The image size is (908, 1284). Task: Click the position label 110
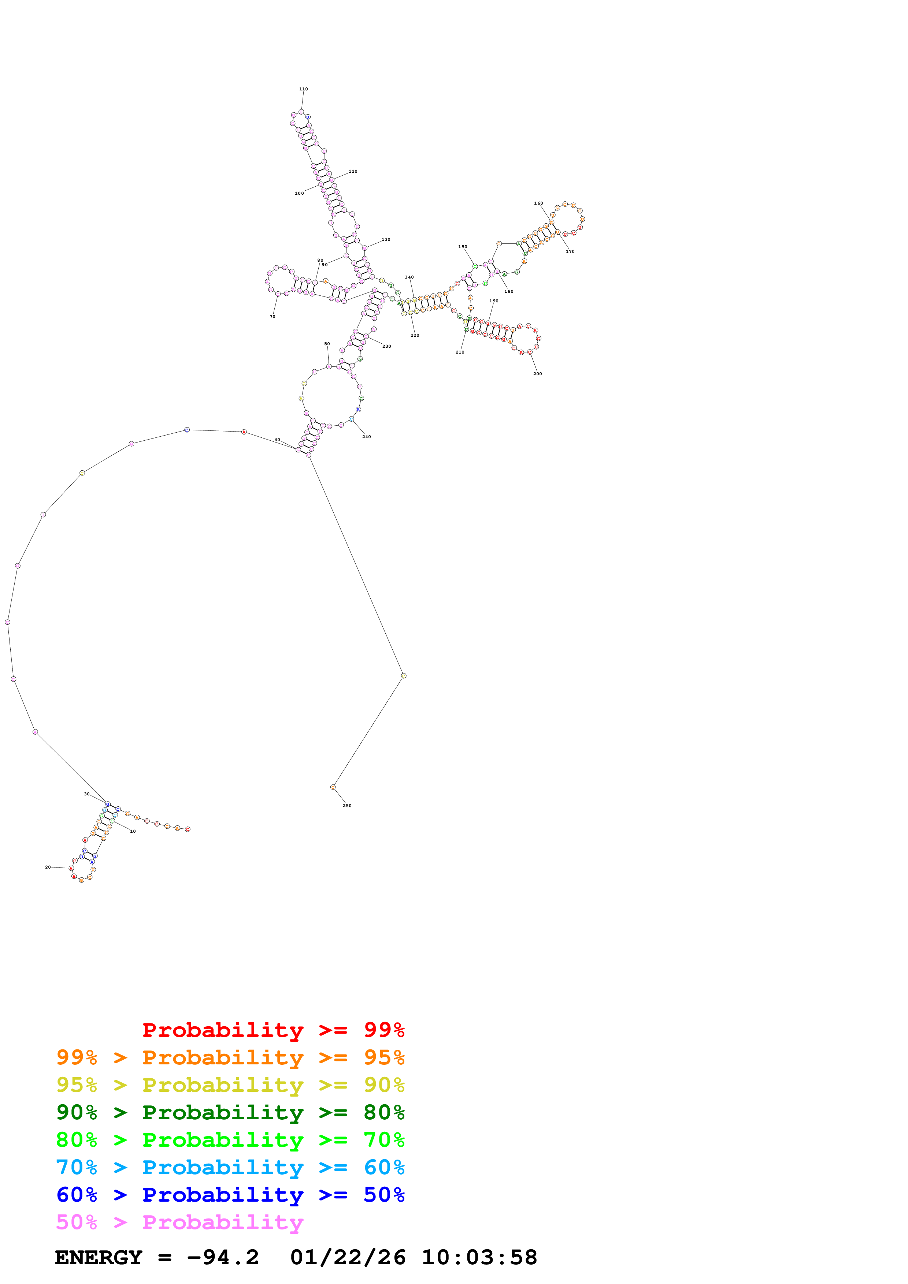point(303,89)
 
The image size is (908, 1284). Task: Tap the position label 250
point(347,805)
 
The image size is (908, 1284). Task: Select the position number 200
point(537,374)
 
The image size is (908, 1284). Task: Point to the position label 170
point(570,252)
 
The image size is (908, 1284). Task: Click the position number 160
point(538,203)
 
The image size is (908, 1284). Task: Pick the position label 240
point(366,437)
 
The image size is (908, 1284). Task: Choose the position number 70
point(273,317)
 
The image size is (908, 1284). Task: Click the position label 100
point(299,194)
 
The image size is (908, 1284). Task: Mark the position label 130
point(386,239)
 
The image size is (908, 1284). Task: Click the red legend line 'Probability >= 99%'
point(273,1030)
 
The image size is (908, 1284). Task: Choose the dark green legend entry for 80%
point(230,1112)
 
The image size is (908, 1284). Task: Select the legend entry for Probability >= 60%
point(230,1167)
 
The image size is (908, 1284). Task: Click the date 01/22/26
point(348,1257)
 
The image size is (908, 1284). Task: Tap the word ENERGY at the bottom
point(99,1257)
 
